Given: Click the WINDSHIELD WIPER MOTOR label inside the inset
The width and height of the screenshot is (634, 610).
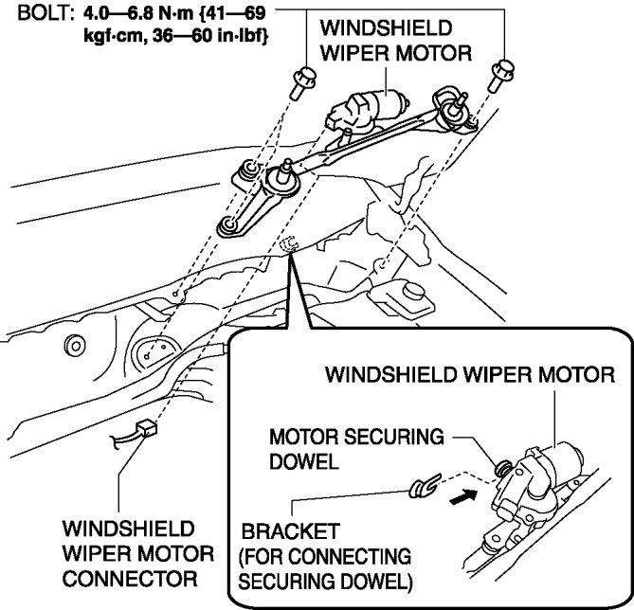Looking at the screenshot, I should pyautogui.click(x=471, y=374).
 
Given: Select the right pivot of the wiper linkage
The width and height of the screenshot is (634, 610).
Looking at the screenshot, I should pyautogui.click(x=448, y=99).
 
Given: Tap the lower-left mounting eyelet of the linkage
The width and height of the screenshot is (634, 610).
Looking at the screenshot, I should pyautogui.click(x=228, y=225).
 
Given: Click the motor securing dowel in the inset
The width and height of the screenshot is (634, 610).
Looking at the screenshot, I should pyautogui.click(x=501, y=463).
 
